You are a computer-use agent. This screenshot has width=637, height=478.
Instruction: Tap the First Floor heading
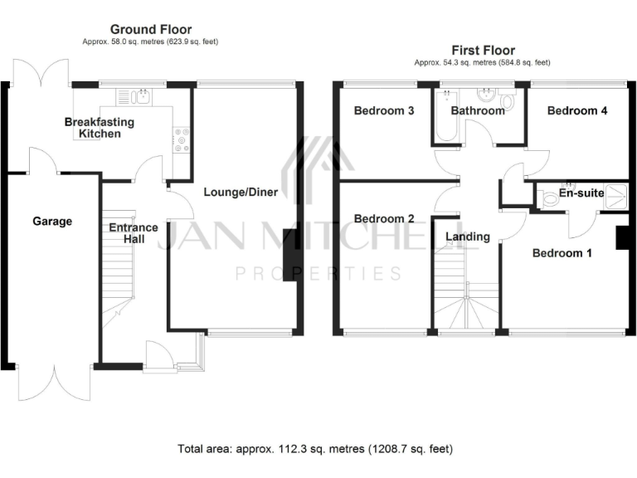click(x=483, y=51)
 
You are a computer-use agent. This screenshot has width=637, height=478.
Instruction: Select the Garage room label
click(x=52, y=222)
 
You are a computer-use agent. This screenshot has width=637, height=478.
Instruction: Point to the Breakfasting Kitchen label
click(x=100, y=128)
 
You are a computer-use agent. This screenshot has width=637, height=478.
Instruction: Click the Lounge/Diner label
click(x=241, y=192)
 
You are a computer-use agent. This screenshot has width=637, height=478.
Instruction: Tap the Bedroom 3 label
click(x=384, y=111)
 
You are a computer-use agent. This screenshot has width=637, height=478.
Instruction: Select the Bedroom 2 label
click(x=384, y=219)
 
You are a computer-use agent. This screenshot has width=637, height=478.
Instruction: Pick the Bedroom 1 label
click(x=562, y=253)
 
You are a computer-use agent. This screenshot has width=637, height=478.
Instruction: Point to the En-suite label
click(x=581, y=193)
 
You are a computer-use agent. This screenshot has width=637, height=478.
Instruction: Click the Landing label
click(x=468, y=237)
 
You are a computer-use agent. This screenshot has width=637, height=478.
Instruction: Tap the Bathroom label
click(x=477, y=111)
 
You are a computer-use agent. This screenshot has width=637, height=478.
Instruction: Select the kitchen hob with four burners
click(x=182, y=139)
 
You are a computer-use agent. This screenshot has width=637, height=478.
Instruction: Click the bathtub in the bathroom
click(x=439, y=119)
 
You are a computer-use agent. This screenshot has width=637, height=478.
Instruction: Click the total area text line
click(x=316, y=449)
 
